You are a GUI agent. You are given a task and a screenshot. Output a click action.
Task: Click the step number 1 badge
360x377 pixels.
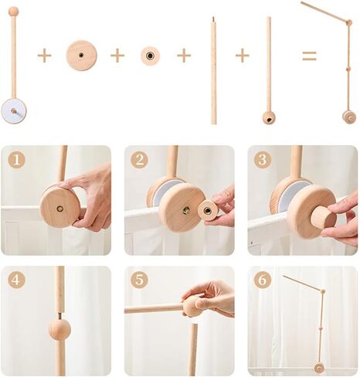(15, 160)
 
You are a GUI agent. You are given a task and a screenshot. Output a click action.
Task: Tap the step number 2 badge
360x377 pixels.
(139, 160)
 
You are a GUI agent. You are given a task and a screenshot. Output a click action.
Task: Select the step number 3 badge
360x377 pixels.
(263, 160)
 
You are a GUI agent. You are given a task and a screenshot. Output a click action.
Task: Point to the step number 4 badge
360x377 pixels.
(15, 280)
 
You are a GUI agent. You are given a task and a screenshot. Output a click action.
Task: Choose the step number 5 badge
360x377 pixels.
(139, 280)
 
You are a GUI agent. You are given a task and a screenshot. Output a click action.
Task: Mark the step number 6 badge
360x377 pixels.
(263, 280)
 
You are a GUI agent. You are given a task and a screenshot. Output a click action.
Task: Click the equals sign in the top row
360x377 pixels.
(309, 56)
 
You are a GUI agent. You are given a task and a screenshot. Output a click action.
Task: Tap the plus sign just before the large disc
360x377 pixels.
(45, 56)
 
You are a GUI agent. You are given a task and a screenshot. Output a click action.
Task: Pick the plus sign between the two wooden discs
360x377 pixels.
(117, 56)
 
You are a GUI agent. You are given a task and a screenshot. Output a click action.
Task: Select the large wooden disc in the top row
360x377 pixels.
(81, 56)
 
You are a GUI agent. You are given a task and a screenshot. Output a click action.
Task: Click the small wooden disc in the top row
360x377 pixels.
(150, 56)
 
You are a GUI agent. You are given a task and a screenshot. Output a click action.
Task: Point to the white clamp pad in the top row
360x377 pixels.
(13, 110)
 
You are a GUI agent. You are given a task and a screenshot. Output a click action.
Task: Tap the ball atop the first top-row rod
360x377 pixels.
(13, 12)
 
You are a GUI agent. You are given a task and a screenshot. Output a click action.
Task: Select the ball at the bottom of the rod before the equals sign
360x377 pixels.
(269, 117)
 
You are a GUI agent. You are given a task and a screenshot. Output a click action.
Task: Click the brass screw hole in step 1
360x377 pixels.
(59, 208)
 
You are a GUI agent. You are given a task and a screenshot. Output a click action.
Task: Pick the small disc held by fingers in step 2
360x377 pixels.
(208, 210)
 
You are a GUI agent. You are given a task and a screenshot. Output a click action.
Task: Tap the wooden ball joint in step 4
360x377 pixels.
(59, 329)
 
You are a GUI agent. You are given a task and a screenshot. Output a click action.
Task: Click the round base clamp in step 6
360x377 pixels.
(318, 368)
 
